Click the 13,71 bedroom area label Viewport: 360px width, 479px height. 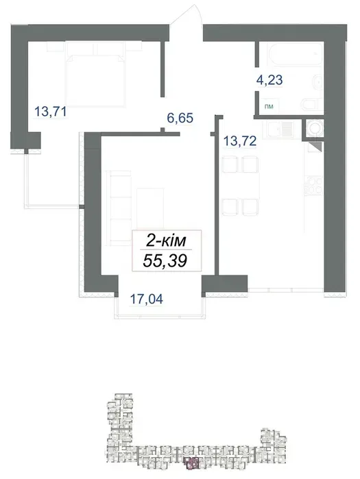click(x=51, y=111)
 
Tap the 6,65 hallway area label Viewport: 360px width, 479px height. click(x=180, y=118)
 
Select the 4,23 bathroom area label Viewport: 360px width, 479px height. click(x=269, y=80)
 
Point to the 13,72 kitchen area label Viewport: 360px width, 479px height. click(x=240, y=141)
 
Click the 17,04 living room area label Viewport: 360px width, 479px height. click(x=147, y=299)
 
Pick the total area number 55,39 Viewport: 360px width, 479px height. click(x=165, y=261)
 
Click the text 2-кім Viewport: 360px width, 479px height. click(x=166, y=241)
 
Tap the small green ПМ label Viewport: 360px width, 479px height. click(x=269, y=107)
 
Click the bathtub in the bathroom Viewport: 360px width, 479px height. click(x=296, y=53)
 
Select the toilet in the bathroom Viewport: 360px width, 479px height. click(x=311, y=104)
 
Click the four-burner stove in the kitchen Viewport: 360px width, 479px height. click(x=313, y=186)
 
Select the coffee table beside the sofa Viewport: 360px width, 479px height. click(x=150, y=208)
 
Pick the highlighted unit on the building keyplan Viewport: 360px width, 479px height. click(x=191, y=463)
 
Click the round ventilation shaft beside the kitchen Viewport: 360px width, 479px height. click(x=314, y=128)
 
